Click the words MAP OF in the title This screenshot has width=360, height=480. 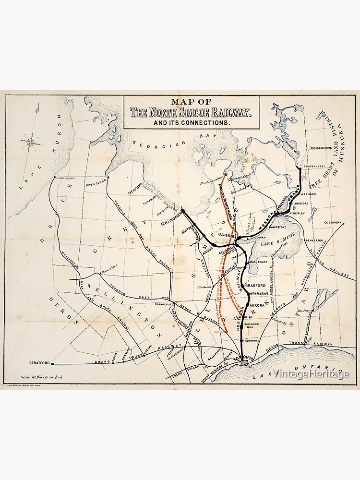pyautogui.click(x=191, y=102)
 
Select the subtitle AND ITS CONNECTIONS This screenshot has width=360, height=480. pyautogui.click(x=191, y=123)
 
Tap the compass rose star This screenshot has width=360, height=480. pyautogui.click(x=31, y=141)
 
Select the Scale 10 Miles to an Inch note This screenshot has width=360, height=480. pyautogui.click(x=42, y=378)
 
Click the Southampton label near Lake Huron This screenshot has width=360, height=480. pyautogui.click(x=66, y=178)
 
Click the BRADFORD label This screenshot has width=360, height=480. pyautogui.click(x=255, y=285)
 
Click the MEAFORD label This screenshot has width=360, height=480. pyautogui.click(x=135, y=190)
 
